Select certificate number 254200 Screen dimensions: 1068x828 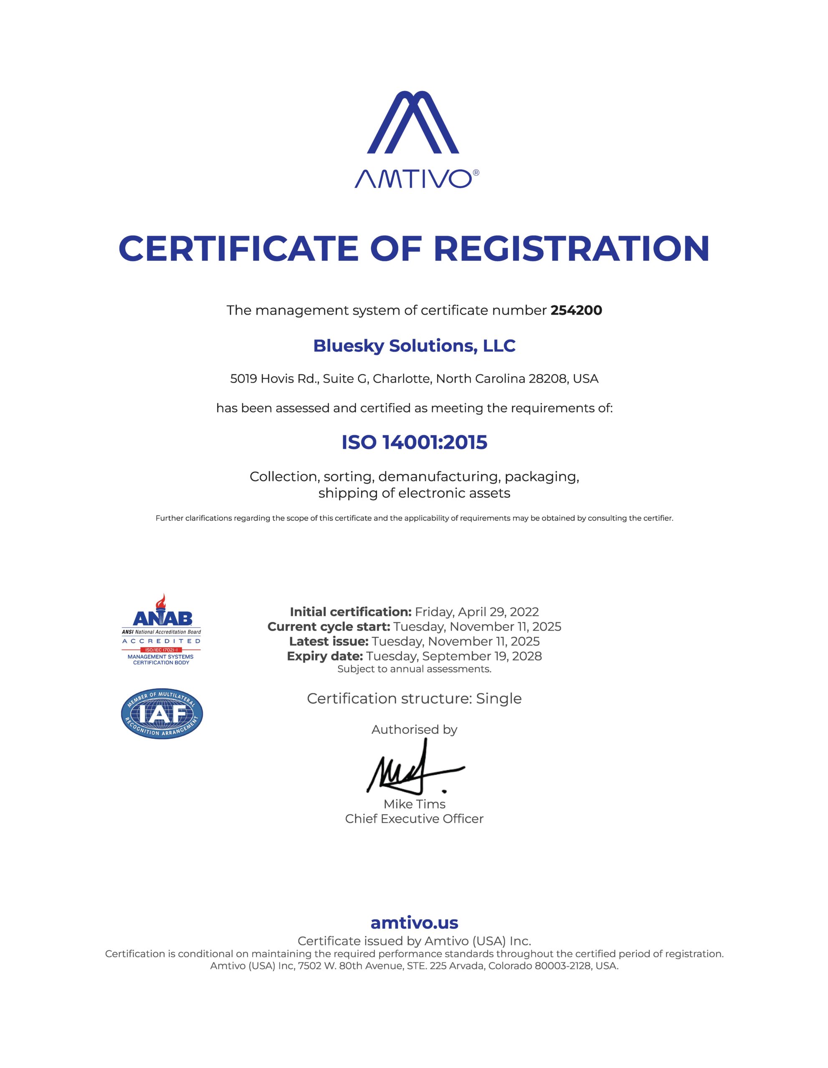click(x=576, y=310)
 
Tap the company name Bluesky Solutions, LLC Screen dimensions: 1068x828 click(x=414, y=346)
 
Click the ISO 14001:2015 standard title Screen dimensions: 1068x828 click(x=414, y=443)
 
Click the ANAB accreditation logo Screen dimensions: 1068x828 click(x=161, y=630)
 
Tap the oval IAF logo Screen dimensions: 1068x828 click(x=162, y=715)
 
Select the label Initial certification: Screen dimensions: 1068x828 click(x=350, y=612)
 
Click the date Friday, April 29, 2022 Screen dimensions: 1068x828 click(x=477, y=612)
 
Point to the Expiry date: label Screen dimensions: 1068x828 click(x=325, y=656)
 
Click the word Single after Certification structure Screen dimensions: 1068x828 click(x=499, y=698)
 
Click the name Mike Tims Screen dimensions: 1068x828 click(x=414, y=804)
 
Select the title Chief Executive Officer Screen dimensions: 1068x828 click(x=414, y=819)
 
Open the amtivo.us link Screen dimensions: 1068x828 click(x=414, y=922)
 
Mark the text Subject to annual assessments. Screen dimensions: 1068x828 click(x=414, y=669)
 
